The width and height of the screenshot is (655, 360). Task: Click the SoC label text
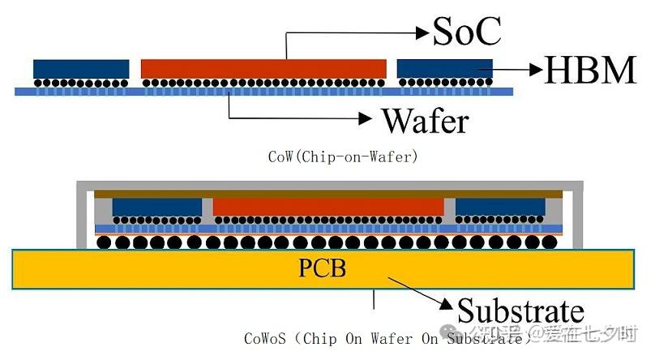467,31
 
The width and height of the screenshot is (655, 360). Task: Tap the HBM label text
589,71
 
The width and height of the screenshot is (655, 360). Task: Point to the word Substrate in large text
521,311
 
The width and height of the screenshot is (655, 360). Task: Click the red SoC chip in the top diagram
263,68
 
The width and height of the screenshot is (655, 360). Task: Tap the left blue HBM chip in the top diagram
81,68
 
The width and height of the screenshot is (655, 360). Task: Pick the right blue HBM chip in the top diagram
444,68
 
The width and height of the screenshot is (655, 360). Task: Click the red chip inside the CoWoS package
328,206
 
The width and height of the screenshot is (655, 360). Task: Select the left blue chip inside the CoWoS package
156,207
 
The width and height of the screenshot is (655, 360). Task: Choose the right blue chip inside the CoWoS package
499,207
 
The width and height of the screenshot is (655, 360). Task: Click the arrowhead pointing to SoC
422,32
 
